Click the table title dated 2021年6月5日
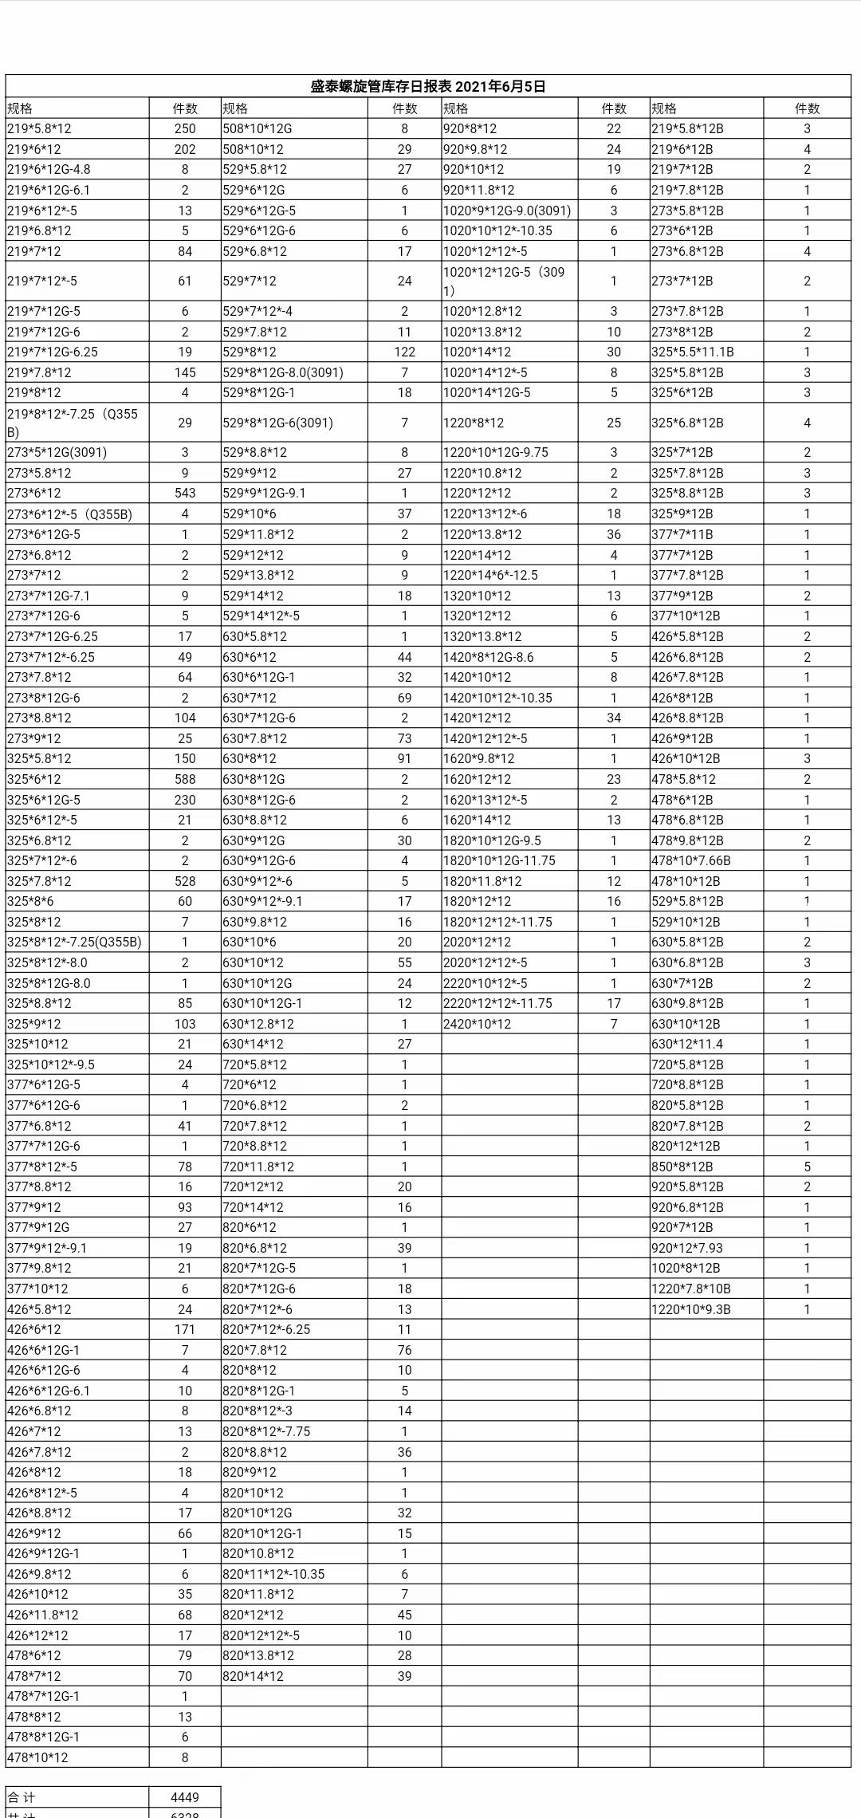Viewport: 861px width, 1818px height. [x=428, y=87]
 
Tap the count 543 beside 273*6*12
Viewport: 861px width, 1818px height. [x=185, y=493]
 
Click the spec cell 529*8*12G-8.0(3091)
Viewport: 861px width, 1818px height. [x=283, y=372]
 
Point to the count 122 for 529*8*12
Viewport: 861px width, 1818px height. [x=404, y=352]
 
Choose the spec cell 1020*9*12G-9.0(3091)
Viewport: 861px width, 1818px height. [x=507, y=211]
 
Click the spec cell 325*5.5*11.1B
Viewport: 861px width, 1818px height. [x=692, y=352]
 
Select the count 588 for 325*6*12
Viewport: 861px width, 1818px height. [x=185, y=779]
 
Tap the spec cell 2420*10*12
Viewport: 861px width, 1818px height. [x=477, y=1024]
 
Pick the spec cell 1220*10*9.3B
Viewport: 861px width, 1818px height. [x=690, y=1309]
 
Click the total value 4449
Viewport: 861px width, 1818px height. [x=185, y=1797]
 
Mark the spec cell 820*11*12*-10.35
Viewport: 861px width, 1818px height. [x=273, y=1574]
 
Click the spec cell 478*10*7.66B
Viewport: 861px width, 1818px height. [x=690, y=860]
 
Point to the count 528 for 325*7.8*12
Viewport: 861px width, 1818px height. [x=185, y=881]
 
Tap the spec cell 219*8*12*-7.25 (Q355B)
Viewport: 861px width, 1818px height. [x=72, y=423]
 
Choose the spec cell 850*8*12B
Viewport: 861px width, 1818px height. [x=682, y=1167]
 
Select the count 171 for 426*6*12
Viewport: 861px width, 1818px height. [x=185, y=1329]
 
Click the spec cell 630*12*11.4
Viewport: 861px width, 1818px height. [x=686, y=1044]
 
